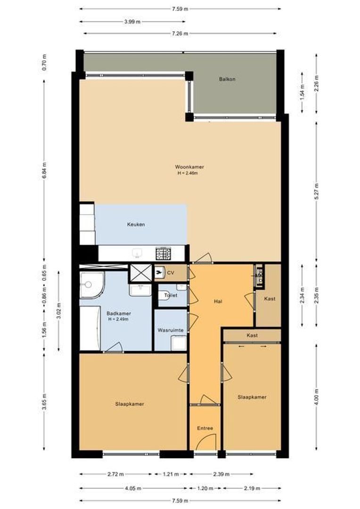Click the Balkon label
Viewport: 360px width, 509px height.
click(227, 79)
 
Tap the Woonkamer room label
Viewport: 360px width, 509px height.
click(189, 167)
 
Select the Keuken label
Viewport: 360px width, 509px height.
click(136, 224)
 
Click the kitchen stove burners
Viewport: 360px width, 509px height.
click(164, 253)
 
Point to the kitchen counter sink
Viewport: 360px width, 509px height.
click(138, 253)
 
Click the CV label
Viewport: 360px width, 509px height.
click(171, 273)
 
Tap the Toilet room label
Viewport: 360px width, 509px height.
click(171, 296)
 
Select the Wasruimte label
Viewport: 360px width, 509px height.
click(171, 330)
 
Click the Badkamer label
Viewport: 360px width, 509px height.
click(119, 313)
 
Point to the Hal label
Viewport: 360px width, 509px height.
click(218, 302)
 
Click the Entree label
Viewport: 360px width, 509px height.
click(205, 428)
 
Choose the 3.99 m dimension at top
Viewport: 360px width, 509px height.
click(132, 22)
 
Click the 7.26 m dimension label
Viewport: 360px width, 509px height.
click(180, 33)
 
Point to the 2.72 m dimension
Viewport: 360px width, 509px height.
click(115, 474)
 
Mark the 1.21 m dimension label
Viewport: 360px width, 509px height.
click(171, 474)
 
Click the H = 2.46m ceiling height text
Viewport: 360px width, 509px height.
click(188, 173)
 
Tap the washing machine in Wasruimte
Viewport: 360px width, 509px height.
click(179, 343)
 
